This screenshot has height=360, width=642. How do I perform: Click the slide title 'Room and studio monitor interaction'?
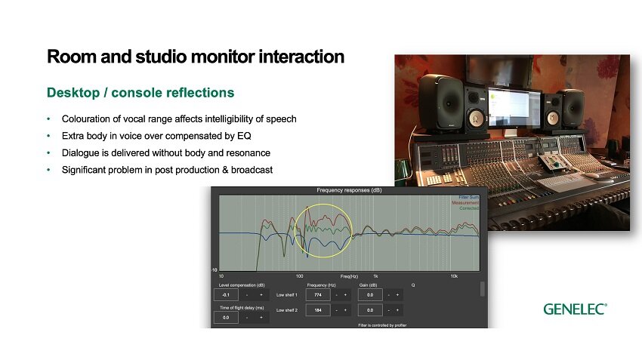click(196, 57)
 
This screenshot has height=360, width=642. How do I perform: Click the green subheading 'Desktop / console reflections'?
click(140, 93)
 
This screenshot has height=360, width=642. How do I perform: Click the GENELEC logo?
click(575, 309)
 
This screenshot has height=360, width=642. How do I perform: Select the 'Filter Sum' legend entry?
click(468, 197)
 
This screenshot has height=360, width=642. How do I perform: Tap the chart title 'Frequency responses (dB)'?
click(349, 190)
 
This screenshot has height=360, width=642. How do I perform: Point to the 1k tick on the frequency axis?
click(375, 276)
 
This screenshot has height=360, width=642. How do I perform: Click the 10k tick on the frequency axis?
click(454, 276)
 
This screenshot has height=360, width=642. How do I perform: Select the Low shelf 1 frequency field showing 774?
click(318, 294)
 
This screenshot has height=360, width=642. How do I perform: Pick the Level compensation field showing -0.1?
click(227, 295)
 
